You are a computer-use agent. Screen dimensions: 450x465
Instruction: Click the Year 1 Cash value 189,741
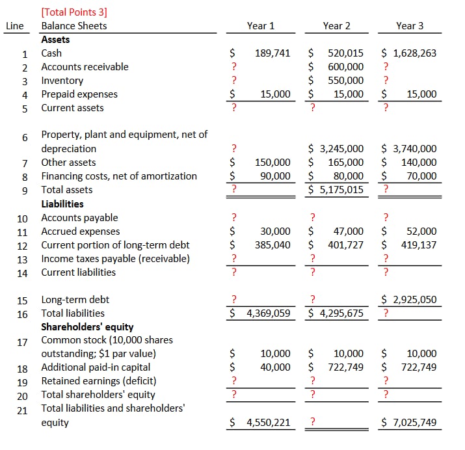click(x=272, y=53)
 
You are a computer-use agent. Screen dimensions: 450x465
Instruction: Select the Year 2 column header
click(x=336, y=26)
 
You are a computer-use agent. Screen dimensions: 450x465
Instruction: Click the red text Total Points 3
click(x=74, y=12)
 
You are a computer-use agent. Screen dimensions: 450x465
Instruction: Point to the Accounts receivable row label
click(x=85, y=67)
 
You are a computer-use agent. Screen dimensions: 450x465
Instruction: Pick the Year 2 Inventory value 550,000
click(x=345, y=81)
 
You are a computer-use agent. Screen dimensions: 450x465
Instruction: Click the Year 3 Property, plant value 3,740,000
click(x=415, y=149)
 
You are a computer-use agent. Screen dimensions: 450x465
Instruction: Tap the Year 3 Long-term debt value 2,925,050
click(x=415, y=300)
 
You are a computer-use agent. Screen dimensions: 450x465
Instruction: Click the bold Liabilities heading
click(x=63, y=204)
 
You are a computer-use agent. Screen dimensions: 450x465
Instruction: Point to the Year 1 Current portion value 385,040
click(x=272, y=245)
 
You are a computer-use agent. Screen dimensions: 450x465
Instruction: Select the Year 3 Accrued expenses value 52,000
click(x=421, y=232)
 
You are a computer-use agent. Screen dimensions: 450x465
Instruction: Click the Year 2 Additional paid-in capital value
click(x=345, y=367)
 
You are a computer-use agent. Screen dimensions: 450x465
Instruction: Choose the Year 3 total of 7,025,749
click(x=415, y=423)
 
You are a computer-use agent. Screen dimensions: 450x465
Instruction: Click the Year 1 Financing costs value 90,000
click(x=275, y=176)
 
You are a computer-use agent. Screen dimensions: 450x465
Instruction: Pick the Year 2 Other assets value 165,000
click(x=345, y=163)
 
